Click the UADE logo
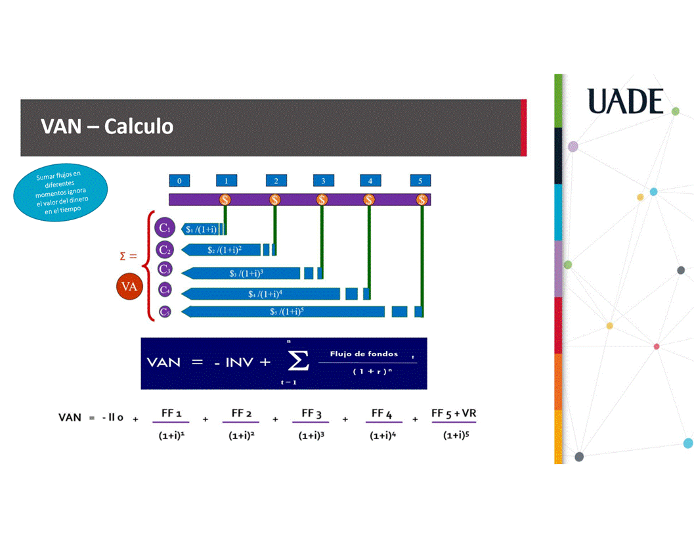tap(625, 101)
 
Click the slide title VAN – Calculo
tap(107, 126)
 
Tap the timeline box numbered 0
tap(179, 181)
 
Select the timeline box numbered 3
tap(323, 181)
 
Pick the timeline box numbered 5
tap(420, 181)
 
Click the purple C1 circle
tap(165, 229)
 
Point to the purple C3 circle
tap(165, 269)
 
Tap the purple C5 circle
tap(165, 312)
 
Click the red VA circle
tap(130, 287)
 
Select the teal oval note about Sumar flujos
tap(60, 193)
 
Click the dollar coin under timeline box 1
tap(225, 199)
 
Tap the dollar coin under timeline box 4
tap(369, 199)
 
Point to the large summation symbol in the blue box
tap(294, 361)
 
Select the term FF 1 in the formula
tap(171, 413)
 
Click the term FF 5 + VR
tap(454, 413)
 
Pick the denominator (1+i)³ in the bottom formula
tap(311, 435)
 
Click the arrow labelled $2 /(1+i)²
tap(223, 250)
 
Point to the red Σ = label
tap(128, 256)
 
